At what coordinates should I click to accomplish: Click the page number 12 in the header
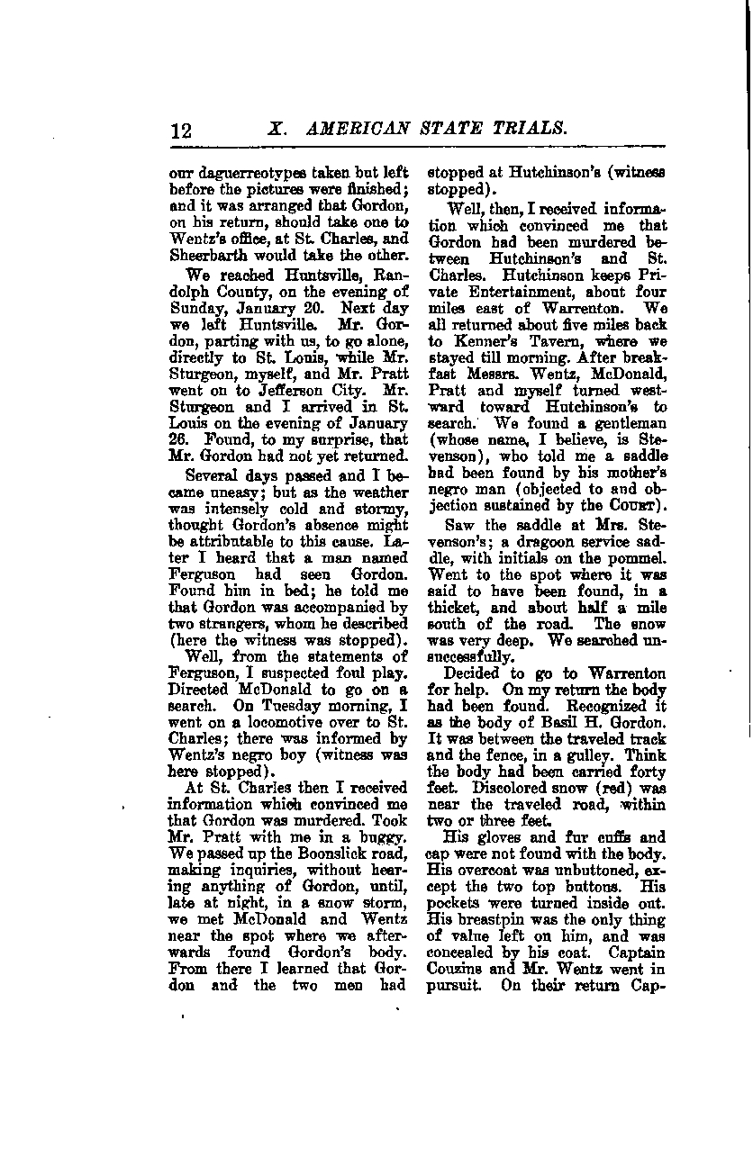(x=181, y=129)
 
